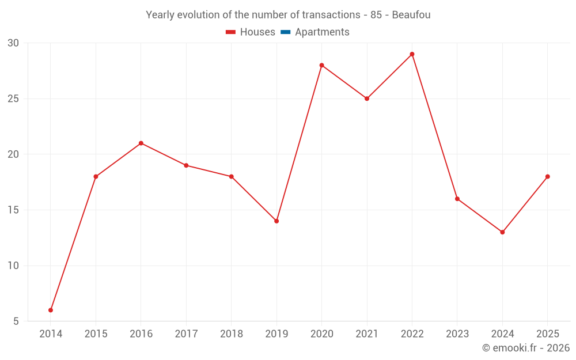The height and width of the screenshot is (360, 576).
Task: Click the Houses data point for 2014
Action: (51, 310)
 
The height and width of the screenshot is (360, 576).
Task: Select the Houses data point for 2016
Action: (141, 143)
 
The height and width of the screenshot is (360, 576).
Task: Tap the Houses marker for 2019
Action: (276, 221)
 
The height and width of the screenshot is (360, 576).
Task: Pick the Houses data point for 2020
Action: (322, 66)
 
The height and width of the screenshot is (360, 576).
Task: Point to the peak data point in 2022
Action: (412, 54)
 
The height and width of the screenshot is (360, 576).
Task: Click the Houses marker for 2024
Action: (502, 232)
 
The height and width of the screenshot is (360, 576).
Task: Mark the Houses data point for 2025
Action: (548, 177)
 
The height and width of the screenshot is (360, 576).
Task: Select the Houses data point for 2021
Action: (367, 98)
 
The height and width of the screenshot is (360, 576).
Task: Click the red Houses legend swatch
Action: (231, 32)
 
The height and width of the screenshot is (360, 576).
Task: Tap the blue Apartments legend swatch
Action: (286, 32)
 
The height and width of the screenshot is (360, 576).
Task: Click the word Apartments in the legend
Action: (322, 32)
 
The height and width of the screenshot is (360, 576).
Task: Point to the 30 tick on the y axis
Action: (13, 43)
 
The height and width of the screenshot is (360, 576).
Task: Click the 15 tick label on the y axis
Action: (13, 210)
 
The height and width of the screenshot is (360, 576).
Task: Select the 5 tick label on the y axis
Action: (16, 321)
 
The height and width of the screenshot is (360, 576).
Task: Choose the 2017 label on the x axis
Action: (186, 334)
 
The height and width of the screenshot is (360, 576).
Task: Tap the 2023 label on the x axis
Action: (457, 334)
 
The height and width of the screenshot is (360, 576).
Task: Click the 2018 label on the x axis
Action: (232, 334)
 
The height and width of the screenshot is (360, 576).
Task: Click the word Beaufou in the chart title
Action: (411, 15)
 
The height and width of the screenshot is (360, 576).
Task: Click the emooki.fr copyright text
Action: (526, 347)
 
